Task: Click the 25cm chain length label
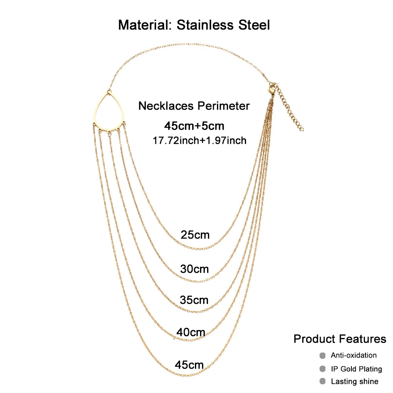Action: point(195,235)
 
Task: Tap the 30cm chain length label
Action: point(194,269)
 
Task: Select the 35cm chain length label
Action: point(194,300)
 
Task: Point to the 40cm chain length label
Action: point(191,332)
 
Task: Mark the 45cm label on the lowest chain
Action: point(189,365)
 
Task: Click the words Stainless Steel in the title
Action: point(223,26)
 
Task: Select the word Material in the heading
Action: point(145,26)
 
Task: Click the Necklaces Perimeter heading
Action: point(194,106)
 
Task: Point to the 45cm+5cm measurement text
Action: point(194,126)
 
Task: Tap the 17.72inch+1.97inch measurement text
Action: point(200,140)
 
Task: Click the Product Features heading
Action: point(340,339)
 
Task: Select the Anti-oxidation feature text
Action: point(353,355)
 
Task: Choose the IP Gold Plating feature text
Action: point(356,369)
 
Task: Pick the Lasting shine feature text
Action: point(354,381)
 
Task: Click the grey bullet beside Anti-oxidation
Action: point(323,356)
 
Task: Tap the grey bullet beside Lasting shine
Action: point(323,381)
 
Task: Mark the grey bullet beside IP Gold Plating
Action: point(323,369)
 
